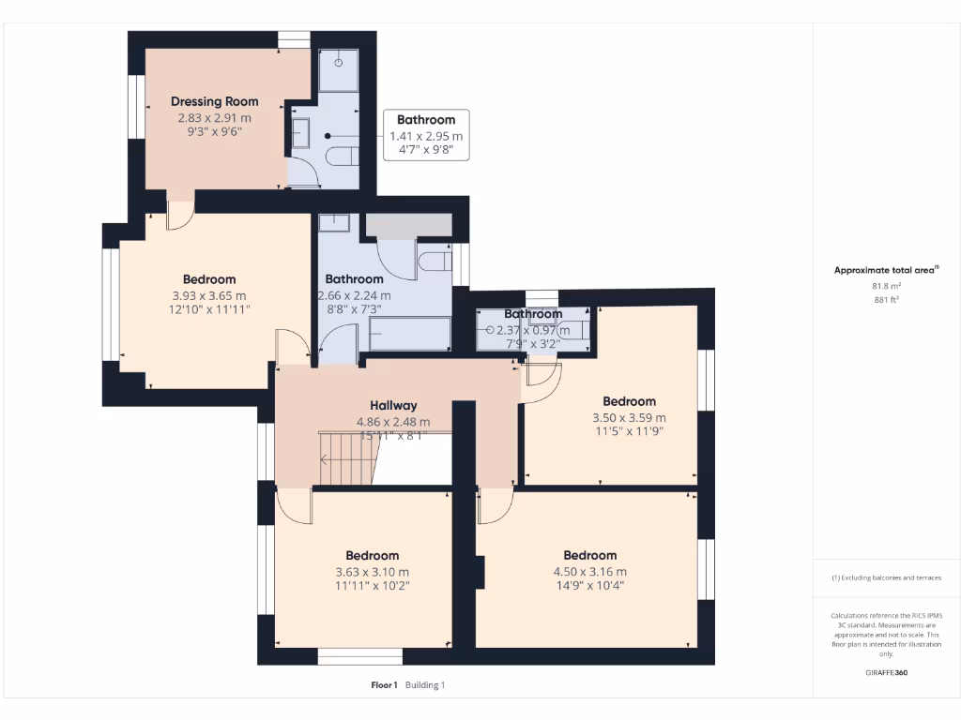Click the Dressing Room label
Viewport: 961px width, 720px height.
[x=214, y=101]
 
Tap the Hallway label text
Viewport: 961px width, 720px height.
[x=393, y=405]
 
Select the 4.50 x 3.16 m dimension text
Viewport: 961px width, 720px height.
[x=589, y=571]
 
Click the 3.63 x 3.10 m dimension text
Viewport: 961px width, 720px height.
[x=372, y=571]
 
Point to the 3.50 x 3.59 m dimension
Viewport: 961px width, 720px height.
[x=629, y=417]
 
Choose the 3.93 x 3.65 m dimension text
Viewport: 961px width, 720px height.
[x=208, y=294]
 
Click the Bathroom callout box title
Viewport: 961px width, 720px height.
[x=426, y=119]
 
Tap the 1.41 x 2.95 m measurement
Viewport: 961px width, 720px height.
[x=426, y=136]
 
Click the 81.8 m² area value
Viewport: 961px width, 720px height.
[x=887, y=286]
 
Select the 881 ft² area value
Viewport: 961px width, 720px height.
[x=887, y=300]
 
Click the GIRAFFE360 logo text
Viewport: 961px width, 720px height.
[x=887, y=672]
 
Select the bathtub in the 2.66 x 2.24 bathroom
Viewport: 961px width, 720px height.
[x=409, y=333]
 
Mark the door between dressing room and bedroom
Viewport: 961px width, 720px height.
[x=179, y=214]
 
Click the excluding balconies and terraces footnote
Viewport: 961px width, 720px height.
[x=887, y=577]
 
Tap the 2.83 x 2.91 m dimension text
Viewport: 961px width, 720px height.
[x=214, y=118]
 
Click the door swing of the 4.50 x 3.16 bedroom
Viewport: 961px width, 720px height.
[x=495, y=506]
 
